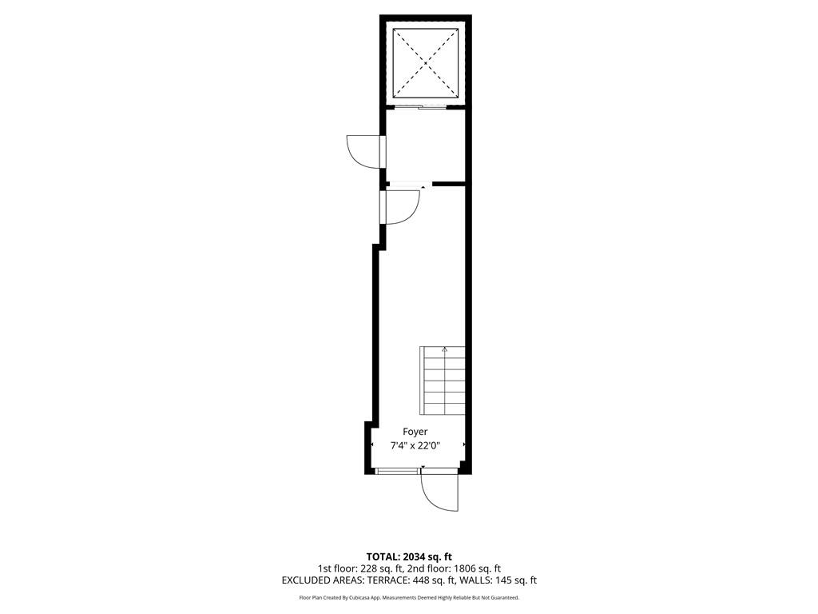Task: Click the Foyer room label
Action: point(415,432)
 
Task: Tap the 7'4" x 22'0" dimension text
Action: point(415,446)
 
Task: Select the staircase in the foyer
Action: point(443,381)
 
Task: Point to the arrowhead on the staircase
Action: point(444,349)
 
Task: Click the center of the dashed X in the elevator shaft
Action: point(426,63)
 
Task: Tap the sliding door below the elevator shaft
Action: point(420,108)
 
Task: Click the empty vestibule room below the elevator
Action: point(425,146)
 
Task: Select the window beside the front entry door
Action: point(398,472)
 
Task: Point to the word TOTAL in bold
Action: point(383,556)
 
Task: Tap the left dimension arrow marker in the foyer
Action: point(372,445)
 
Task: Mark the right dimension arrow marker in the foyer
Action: point(464,445)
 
